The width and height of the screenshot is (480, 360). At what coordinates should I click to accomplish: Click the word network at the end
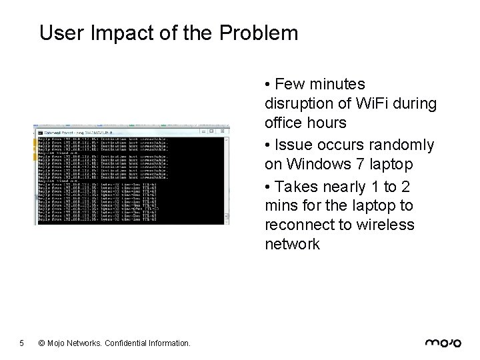point(292,243)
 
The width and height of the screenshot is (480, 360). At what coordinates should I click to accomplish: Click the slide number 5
point(22,343)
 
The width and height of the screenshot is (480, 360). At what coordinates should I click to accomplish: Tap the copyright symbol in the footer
point(42,343)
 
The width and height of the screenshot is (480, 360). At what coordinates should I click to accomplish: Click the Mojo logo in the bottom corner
point(443,343)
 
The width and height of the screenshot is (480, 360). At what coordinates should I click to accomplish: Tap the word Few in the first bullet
point(288,84)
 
